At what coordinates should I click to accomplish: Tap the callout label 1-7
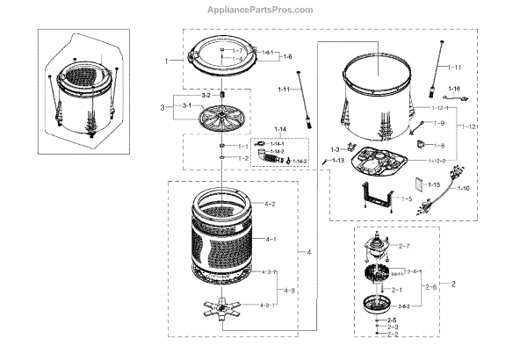point(238,50)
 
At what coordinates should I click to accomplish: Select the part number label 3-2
point(206,94)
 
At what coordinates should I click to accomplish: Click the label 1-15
point(433,185)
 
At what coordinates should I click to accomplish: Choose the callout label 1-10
point(464,189)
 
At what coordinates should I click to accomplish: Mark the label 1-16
point(454,90)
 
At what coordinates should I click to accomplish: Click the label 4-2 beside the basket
point(270,204)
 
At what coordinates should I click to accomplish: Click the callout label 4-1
point(271,239)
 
